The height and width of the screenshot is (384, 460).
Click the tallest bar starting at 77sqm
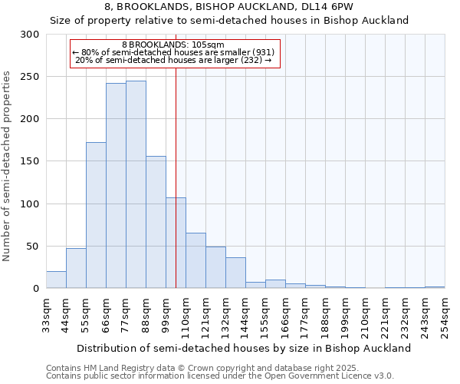point(136,184)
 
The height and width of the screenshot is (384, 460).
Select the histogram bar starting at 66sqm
point(116,186)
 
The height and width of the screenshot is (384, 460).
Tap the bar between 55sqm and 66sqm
point(96,215)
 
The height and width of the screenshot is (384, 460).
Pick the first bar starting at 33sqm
point(56,280)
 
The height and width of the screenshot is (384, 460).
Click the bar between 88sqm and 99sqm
point(156,223)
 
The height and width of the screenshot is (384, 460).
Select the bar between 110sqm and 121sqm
point(195,260)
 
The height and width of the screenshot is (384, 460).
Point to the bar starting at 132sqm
point(235,273)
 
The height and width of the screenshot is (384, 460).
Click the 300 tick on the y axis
point(30,35)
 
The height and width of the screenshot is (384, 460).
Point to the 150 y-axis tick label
point(30,162)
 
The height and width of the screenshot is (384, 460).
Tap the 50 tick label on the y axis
point(33,247)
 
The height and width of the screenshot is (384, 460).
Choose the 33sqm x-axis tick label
point(46,316)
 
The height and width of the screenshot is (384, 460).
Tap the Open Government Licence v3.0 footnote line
point(219,376)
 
